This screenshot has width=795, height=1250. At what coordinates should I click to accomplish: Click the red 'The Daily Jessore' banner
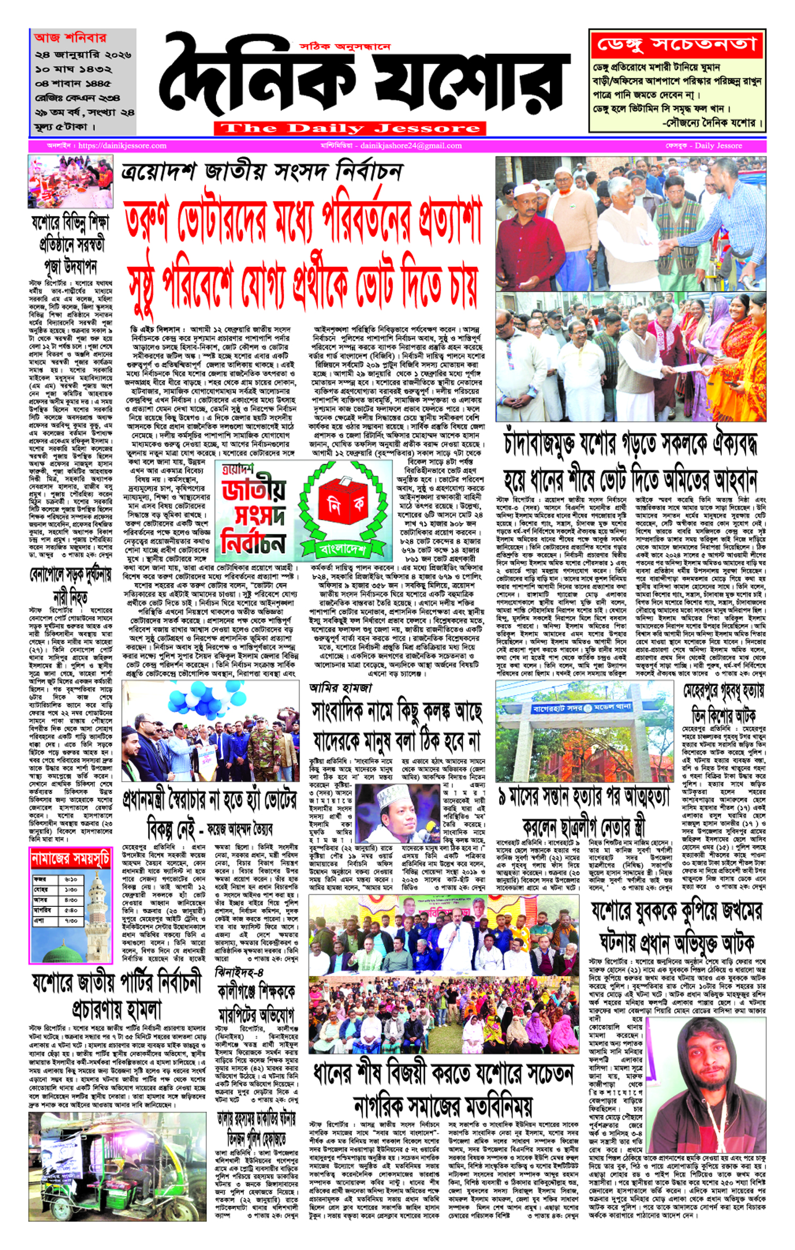(350, 128)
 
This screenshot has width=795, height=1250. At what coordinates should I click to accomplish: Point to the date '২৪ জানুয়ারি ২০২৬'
(83, 55)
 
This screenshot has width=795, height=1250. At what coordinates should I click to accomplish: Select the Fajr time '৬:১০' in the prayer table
(71, 879)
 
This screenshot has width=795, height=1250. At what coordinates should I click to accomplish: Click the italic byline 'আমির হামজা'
(341, 688)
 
